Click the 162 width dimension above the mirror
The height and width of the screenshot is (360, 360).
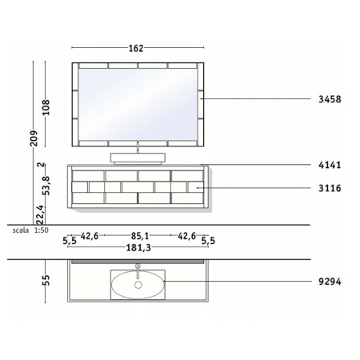tap(136, 48)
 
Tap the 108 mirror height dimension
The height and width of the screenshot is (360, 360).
tap(46, 107)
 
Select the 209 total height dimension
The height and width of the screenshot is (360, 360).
tap(34, 138)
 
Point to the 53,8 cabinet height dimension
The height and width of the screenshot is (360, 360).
tap(46, 186)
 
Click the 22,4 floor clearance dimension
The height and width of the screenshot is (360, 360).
tap(40, 214)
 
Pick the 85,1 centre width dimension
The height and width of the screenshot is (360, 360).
tap(140, 236)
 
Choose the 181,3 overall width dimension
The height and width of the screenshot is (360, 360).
tap(138, 248)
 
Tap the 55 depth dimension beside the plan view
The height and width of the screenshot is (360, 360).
tap(46, 280)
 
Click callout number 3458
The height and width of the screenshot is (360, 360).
tap(330, 99)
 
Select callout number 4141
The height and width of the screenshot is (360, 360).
tap(330, 165)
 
